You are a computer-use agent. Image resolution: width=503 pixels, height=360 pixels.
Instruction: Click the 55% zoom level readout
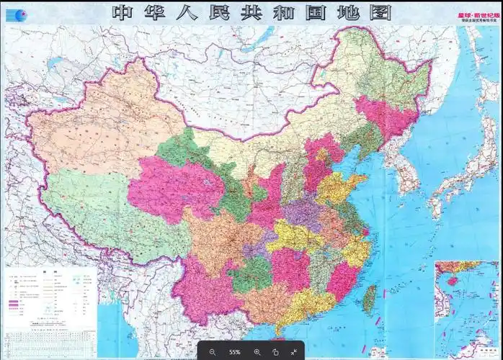point(234,351)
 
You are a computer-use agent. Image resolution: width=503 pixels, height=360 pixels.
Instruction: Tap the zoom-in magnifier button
point(257,351)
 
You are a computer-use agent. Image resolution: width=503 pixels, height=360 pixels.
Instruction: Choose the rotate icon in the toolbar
point(275,351)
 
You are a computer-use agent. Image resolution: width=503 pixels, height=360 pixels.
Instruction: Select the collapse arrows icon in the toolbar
point(294,351)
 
